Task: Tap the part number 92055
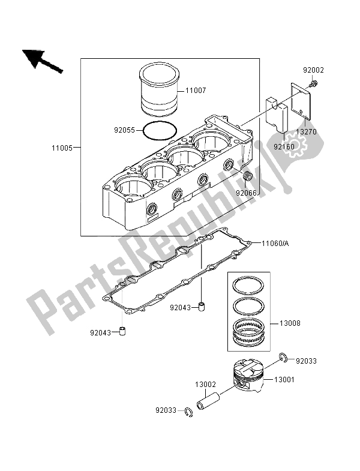[x=126, y=128]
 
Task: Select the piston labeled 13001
[x=248, y=378]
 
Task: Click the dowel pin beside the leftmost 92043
[x=122, y=331]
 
